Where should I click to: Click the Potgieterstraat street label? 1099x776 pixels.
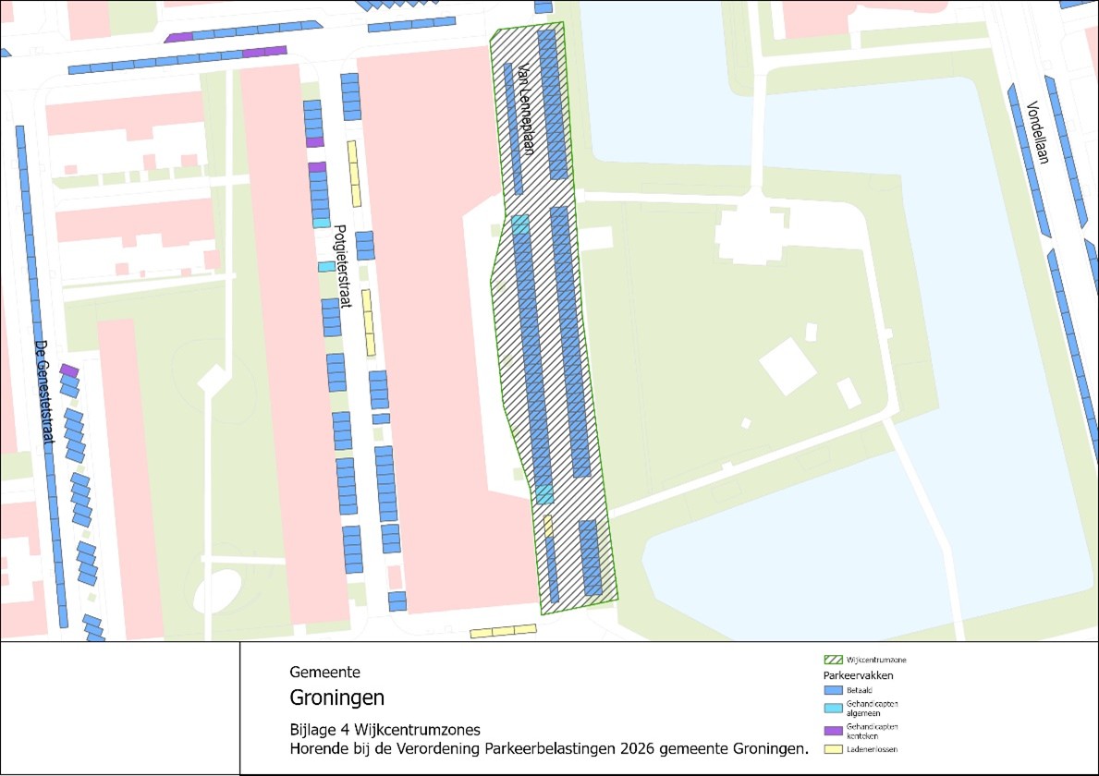pyautogui.click(x=339, y=267)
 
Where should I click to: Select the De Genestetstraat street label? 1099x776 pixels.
pyautogui.click(x=43, y=392)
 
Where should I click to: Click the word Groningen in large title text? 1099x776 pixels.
pyautogui.click(x=336, y=697)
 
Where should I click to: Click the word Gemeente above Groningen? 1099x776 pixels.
pyautogui.click(x=324, y=673)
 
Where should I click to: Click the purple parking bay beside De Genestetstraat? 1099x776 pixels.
pyautogui.click(x=68, y=370)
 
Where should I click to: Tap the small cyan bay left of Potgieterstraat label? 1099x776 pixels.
pyautogui.click(x=326, y=266)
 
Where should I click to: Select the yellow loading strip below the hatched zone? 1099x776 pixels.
pyautogui.click(x=503, y=632)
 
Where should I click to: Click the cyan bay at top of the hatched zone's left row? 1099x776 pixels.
pyautogui.click(x=520, y=224)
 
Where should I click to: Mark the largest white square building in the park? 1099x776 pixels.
pyautogui.click(x=788, y=365)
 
